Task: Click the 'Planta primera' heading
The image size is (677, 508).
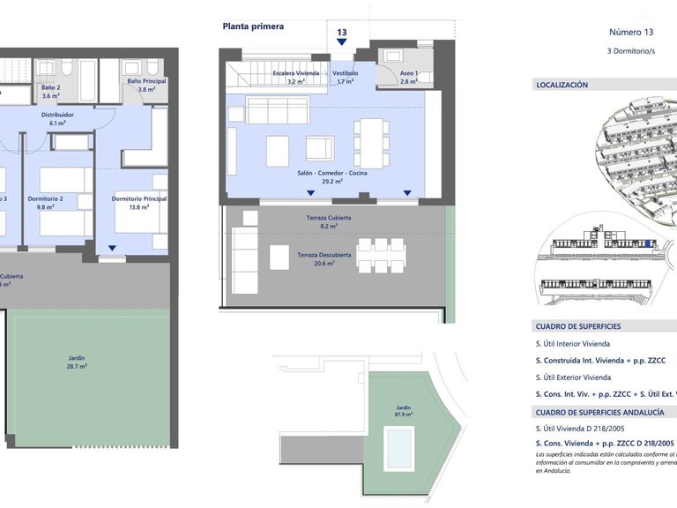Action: click(x=253, y=26)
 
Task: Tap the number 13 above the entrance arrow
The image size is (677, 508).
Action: click(x=342, y=33)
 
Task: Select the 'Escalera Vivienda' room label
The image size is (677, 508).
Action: click(x=295, y=72)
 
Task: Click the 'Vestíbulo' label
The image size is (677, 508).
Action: click(x=345, y=72)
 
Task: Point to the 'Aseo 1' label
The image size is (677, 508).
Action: click(x=408, y=72)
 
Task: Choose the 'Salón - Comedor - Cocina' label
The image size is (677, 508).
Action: click(x=332, y=173)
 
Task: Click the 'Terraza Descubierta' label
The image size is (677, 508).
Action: click(x=324, y=255)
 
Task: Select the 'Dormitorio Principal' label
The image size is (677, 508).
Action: click(x=139, y=198)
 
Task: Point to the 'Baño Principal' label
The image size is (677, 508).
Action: click(x=146, y=81)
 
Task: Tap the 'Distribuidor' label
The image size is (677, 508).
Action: click(x=57, y=115)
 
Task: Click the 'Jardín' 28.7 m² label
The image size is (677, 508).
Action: click(x=77, y=359)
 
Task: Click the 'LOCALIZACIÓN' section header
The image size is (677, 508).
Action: click(x=562, y=86)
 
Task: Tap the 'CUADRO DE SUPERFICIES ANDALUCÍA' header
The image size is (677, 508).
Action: click(x=599, y=412)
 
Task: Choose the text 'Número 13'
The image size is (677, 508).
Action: click(x=631, y=32)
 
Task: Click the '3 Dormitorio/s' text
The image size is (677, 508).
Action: click(x=631, y=51)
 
